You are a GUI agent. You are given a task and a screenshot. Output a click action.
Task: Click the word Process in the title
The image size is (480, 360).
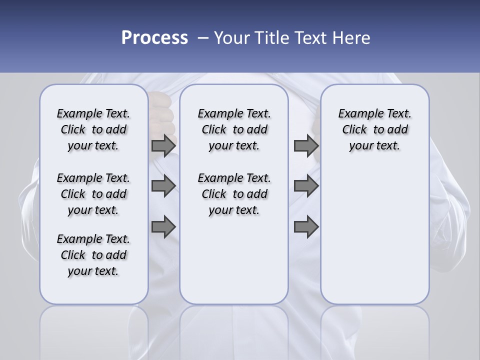pos(154,38)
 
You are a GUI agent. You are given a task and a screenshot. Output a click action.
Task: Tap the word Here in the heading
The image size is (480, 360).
pos(351,38)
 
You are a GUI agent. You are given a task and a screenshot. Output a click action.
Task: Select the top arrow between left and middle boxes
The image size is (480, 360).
pos(163,145)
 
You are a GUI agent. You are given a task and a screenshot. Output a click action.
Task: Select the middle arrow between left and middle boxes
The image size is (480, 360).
pos(163,186)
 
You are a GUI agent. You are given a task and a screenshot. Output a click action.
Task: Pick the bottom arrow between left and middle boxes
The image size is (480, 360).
pos(163,226)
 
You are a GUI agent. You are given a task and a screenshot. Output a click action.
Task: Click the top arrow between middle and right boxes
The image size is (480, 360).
pos(306,145)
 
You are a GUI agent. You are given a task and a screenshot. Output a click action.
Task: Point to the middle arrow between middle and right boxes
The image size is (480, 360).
pos(306,186)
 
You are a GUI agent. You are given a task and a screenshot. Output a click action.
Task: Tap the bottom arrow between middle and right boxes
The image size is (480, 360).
pos(306,226)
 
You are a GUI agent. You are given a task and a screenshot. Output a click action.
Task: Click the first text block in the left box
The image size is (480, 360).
pos(93,129)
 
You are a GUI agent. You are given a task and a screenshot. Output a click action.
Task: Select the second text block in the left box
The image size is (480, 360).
pos(93,194)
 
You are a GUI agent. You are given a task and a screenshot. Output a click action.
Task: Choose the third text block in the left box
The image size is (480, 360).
pos(93,255)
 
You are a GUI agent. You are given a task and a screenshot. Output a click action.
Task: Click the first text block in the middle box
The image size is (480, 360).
pos(234,129)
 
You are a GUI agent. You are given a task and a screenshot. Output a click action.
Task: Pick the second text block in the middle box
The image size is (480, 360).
pos(234,194)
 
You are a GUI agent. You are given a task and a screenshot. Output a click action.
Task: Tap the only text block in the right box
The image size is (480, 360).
pos(374,129)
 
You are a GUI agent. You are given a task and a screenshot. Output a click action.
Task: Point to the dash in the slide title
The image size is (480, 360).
pos(203,38)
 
